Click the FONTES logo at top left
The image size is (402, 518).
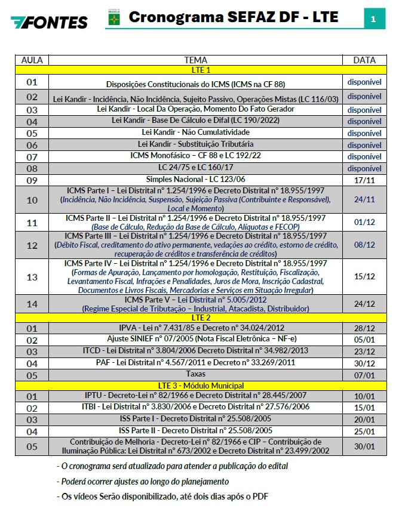49,22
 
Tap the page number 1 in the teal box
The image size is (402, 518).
373,19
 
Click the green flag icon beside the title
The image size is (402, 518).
113,19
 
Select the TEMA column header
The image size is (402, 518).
196,60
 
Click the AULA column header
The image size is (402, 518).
32,60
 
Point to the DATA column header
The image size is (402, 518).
364,60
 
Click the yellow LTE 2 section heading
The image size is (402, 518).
197,317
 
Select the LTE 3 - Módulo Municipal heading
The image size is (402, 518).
197,386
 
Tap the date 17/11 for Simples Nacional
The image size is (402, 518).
364,180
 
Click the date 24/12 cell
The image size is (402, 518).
364,304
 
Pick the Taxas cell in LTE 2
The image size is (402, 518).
196,374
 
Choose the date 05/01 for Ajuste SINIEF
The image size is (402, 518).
364,340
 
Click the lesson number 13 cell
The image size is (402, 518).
32,277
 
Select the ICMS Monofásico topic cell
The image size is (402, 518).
196,156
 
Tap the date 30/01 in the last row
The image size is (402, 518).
364,446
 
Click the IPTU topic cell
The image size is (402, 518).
196,396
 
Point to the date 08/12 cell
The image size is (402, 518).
364,245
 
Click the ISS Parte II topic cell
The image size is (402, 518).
196,430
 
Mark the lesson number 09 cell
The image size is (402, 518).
32,180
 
